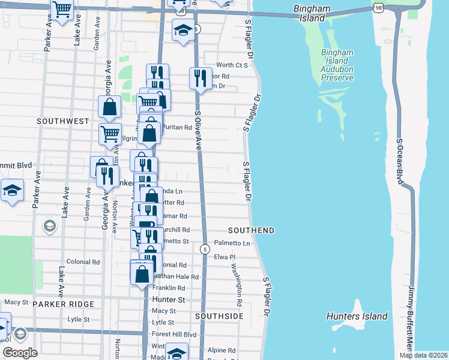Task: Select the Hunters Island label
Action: coord(357,316)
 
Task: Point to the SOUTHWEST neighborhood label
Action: coord(63,121)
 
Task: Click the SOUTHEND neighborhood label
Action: coord(252,230)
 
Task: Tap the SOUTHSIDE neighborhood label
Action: coord(220,316)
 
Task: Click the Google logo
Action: coord(20,352)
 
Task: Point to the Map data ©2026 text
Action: coord(423,355)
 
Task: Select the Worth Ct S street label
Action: coord(232,65)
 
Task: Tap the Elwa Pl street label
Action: coord(225,257)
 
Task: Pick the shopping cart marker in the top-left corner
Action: coord(62,10)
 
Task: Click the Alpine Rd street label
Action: coord(221,350)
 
